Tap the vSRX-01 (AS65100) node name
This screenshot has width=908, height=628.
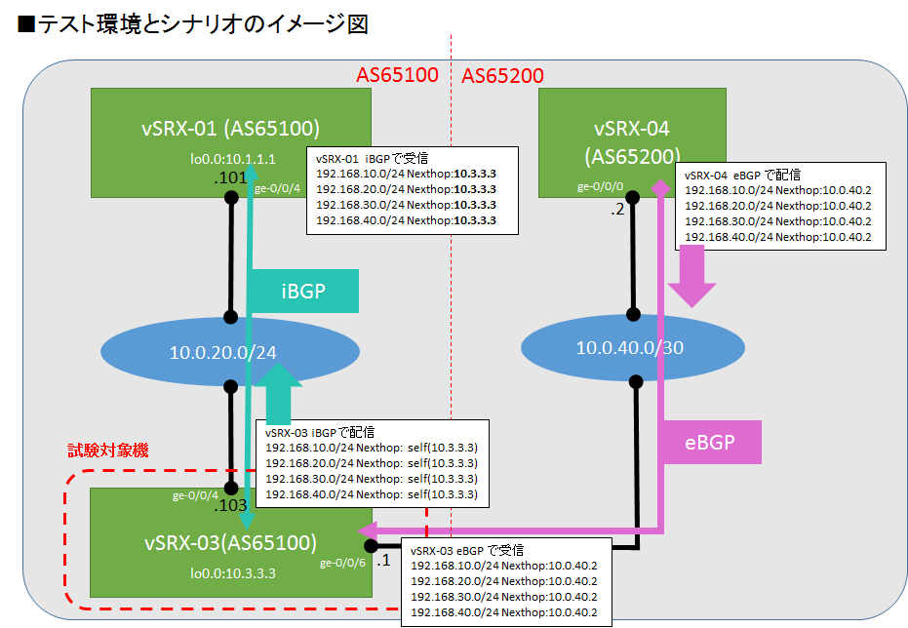(x=230, y=129)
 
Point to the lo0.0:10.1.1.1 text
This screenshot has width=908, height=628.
(x=233, y=158)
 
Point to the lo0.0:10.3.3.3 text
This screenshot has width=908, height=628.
(x=233, y=573)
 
